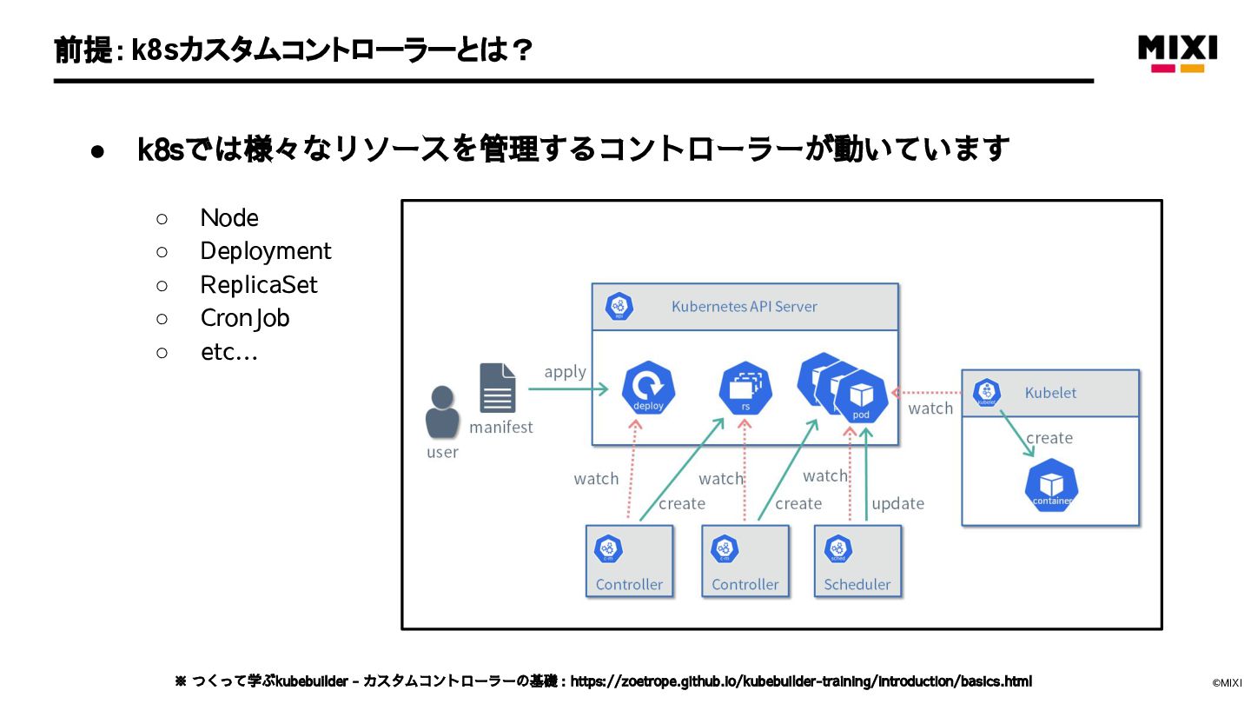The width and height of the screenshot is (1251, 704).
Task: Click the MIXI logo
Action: tap(1177, 52)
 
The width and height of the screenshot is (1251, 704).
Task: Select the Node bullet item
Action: tap(229, 217)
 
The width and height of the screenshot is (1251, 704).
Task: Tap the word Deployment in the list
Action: tap(266, 251)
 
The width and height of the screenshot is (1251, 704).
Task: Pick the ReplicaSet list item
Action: tap(259, 285)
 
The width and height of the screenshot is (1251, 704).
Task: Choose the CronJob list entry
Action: tap(245, 318)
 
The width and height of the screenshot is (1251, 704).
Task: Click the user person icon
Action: tap(442, 412)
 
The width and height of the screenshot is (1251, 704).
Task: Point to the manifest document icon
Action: tap(498, 389)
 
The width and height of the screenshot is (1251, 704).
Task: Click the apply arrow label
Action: tap(565, 372)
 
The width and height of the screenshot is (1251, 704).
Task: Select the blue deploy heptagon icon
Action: tap(648, 388)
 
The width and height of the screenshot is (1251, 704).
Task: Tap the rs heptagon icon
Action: tap(745, 388)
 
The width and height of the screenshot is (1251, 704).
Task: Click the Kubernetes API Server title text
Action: tap(744, 307)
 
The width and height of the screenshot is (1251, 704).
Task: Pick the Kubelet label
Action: tap(1050, 393)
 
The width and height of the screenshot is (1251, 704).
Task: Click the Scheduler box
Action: tap(857, 561)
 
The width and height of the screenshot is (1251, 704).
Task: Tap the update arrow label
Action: tap(897, 504)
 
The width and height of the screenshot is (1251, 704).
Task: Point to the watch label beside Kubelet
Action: tap(930, 408)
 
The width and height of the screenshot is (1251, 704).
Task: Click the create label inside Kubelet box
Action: tap(1049, 438)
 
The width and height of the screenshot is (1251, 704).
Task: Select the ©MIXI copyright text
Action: tap(1227, 683)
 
